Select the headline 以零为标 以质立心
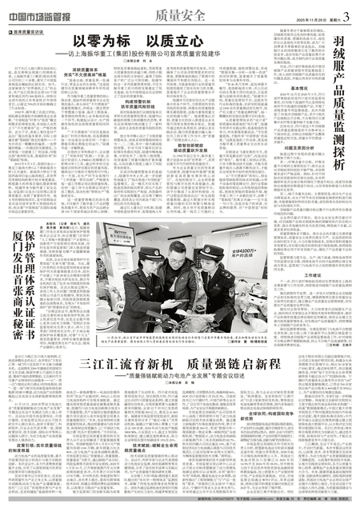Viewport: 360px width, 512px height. coord(142,40)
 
